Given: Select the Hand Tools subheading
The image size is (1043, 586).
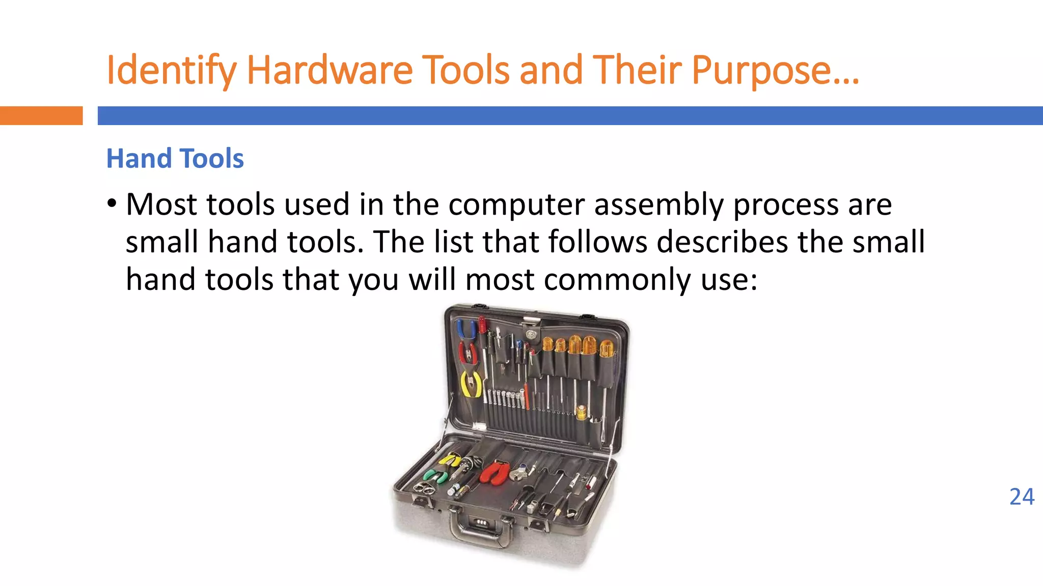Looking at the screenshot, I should tap(175, 158).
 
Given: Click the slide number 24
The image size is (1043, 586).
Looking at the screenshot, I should tap(1022, 497).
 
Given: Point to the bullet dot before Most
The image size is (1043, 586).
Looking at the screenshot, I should tap(112, 204).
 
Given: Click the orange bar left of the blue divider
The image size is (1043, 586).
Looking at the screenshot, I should tap(41, 115).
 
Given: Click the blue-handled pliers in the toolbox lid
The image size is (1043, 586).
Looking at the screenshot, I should tap(465, 329).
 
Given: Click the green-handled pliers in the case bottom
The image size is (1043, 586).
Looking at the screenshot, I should tap(435, 476).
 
